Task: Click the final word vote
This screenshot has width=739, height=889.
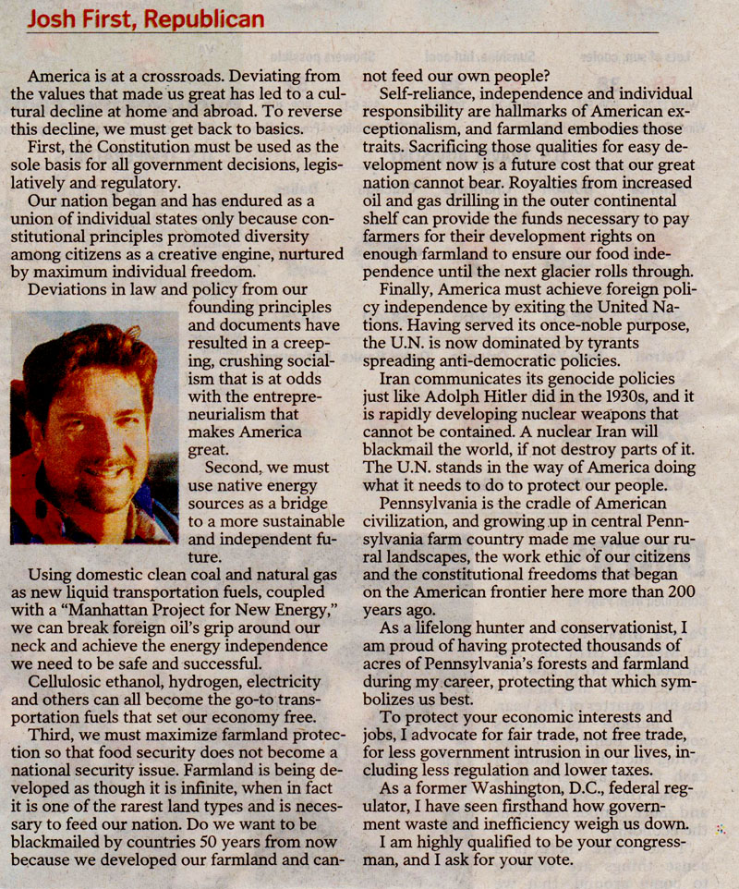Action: tap(552, 858)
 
